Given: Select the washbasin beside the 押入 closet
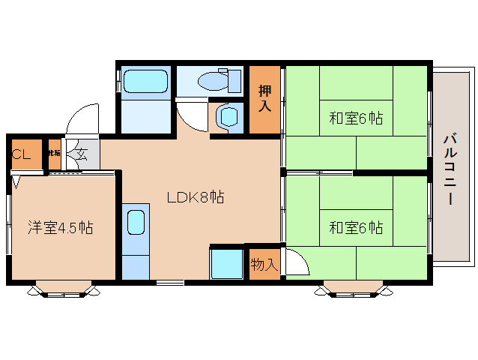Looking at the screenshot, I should click(x=228, y=117).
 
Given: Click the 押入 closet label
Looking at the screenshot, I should click(x=265, y=99).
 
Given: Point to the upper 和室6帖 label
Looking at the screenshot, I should click(x=356, y=118).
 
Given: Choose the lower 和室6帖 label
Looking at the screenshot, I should click(x=356, y=227).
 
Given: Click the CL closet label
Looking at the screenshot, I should click(x=21, y=155).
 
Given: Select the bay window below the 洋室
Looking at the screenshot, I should click(x=63, y=289).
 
